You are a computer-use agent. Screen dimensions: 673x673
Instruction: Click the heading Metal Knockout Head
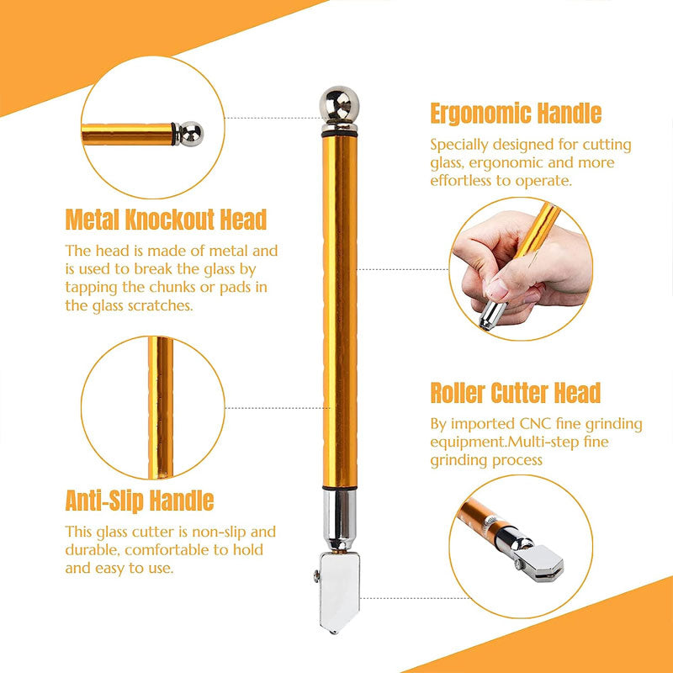click(x=166, y=220)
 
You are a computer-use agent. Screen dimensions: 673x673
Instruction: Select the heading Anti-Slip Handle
click(x=140, y=501)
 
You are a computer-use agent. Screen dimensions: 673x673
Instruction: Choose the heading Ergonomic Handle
click(x=516, y=114)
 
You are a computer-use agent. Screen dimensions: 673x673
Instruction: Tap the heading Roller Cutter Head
click(x=516, y=393)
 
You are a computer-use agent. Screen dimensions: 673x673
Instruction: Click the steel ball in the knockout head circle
click(x=191, y=132)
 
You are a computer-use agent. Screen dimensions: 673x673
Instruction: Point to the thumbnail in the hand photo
click(x=497, y=289)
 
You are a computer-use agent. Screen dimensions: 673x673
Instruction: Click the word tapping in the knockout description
click(x=91, y=288)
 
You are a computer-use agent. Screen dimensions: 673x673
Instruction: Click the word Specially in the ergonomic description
click(x=458, y=145)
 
